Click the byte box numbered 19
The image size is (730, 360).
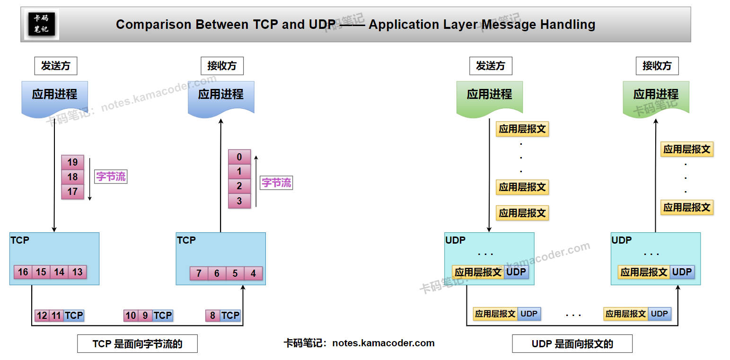[72, 162]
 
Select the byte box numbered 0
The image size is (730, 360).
[239, 157]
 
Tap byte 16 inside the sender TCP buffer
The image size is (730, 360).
[23, 272]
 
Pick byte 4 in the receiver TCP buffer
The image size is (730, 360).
[253, 273]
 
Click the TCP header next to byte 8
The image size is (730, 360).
[230, 316]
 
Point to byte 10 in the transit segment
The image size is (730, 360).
[131, 316]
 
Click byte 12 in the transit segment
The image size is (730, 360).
[42, 316]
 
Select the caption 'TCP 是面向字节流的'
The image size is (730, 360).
[137, 344]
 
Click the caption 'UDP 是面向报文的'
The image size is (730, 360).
[572, 344]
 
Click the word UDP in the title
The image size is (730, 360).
[323, 25]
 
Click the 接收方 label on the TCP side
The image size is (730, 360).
[222, 66]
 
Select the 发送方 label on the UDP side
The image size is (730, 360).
[491, 66]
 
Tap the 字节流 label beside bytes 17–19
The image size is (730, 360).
[111, 177]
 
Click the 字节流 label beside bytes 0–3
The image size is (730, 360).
[277, 183]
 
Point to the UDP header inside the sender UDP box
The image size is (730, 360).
[516, 272]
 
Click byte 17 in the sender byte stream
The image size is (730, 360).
[72, 192]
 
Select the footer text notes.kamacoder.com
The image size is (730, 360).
[383, 343]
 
